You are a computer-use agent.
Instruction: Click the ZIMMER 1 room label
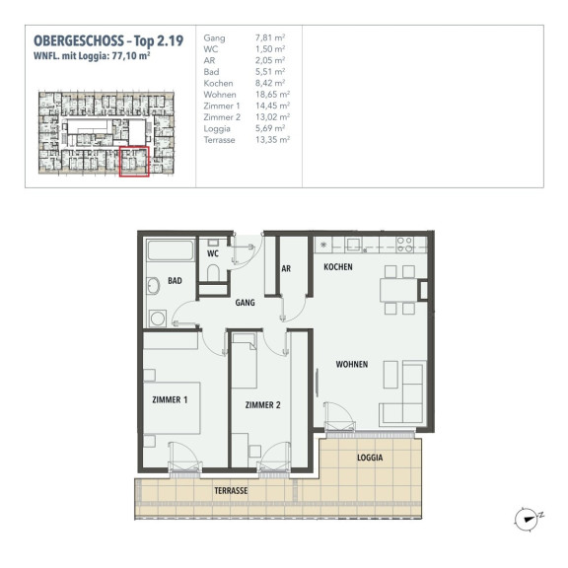pyautogui.click(x=170, y=400)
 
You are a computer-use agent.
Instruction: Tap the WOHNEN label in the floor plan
pyautogui.click(x=352, y=364)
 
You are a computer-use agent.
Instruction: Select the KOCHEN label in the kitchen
pyautogui.click(x=338, y=267)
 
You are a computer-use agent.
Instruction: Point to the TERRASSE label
pyautogui.click(x=231, y=491)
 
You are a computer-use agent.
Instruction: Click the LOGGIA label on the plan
pyautogui.click(x=370, y=458)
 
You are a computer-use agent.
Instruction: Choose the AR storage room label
pyautogui.click(x=286, y=269)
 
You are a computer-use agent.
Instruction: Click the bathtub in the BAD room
pyautogui.click(x=171, y=250)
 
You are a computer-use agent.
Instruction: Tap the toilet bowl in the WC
pyautogui.click(x=213, y=272)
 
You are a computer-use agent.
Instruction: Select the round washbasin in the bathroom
pyautogui.click(x=153, y=286)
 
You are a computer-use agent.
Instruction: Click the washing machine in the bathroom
pyautogui.click(x=157, y=319)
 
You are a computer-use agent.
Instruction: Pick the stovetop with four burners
pyautogui.click(x=404, y=245)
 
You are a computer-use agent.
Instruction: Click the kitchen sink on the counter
pyautogui.click(x=353, y=245)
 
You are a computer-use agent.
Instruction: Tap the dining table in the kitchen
pyautogui.click(x=398, y=290)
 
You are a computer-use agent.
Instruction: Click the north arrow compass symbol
pyautogui.click(x=527, y=520)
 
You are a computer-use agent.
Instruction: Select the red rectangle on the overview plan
pyautogui.click(x=134, y=162)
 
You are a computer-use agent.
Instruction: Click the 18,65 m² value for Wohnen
pyautogui.click(x=272, y=95)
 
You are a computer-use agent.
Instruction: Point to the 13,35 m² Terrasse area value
pyautogui.click(x=272, y=140)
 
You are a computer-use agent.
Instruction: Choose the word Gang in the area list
pyautogui.click(x=214, y=38)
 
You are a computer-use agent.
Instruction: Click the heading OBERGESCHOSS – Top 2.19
pyautogui.click(x=108, y=41)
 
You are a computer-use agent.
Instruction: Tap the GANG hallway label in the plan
pyautogui.click(x=245, y=303)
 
